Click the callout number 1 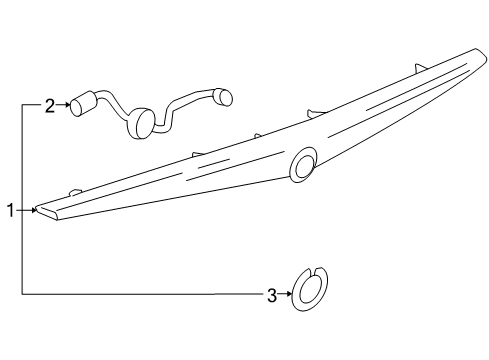tap(9, 211)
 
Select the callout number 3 tap(270, 295)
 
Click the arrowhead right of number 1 tap(35, 211)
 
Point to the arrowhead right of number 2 tap(64, 103)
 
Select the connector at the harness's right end tap(223, 96)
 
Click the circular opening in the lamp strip tap(301, 165)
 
